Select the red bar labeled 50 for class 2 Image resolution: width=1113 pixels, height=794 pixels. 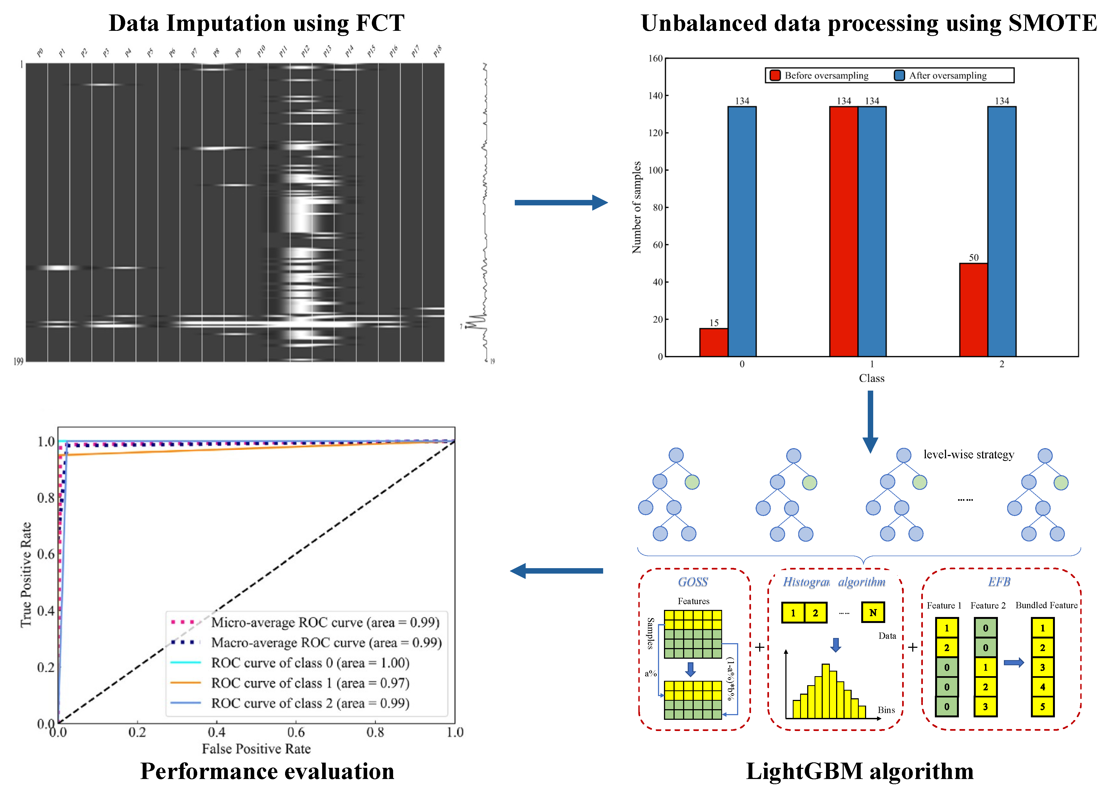point(973,310)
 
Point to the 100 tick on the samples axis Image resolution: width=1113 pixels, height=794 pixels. point(655,170)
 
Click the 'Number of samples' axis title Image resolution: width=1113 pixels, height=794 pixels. point(636,207)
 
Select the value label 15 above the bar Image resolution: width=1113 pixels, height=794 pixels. point(714,323)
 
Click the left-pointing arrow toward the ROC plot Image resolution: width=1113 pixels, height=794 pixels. point(556,571)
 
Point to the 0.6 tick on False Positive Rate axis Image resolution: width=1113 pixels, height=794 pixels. point(296,732)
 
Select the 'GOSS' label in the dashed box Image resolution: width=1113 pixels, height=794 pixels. point(693,582)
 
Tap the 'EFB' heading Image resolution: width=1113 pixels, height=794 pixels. point(999,582)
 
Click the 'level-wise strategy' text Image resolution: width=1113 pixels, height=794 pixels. point(968,455)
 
